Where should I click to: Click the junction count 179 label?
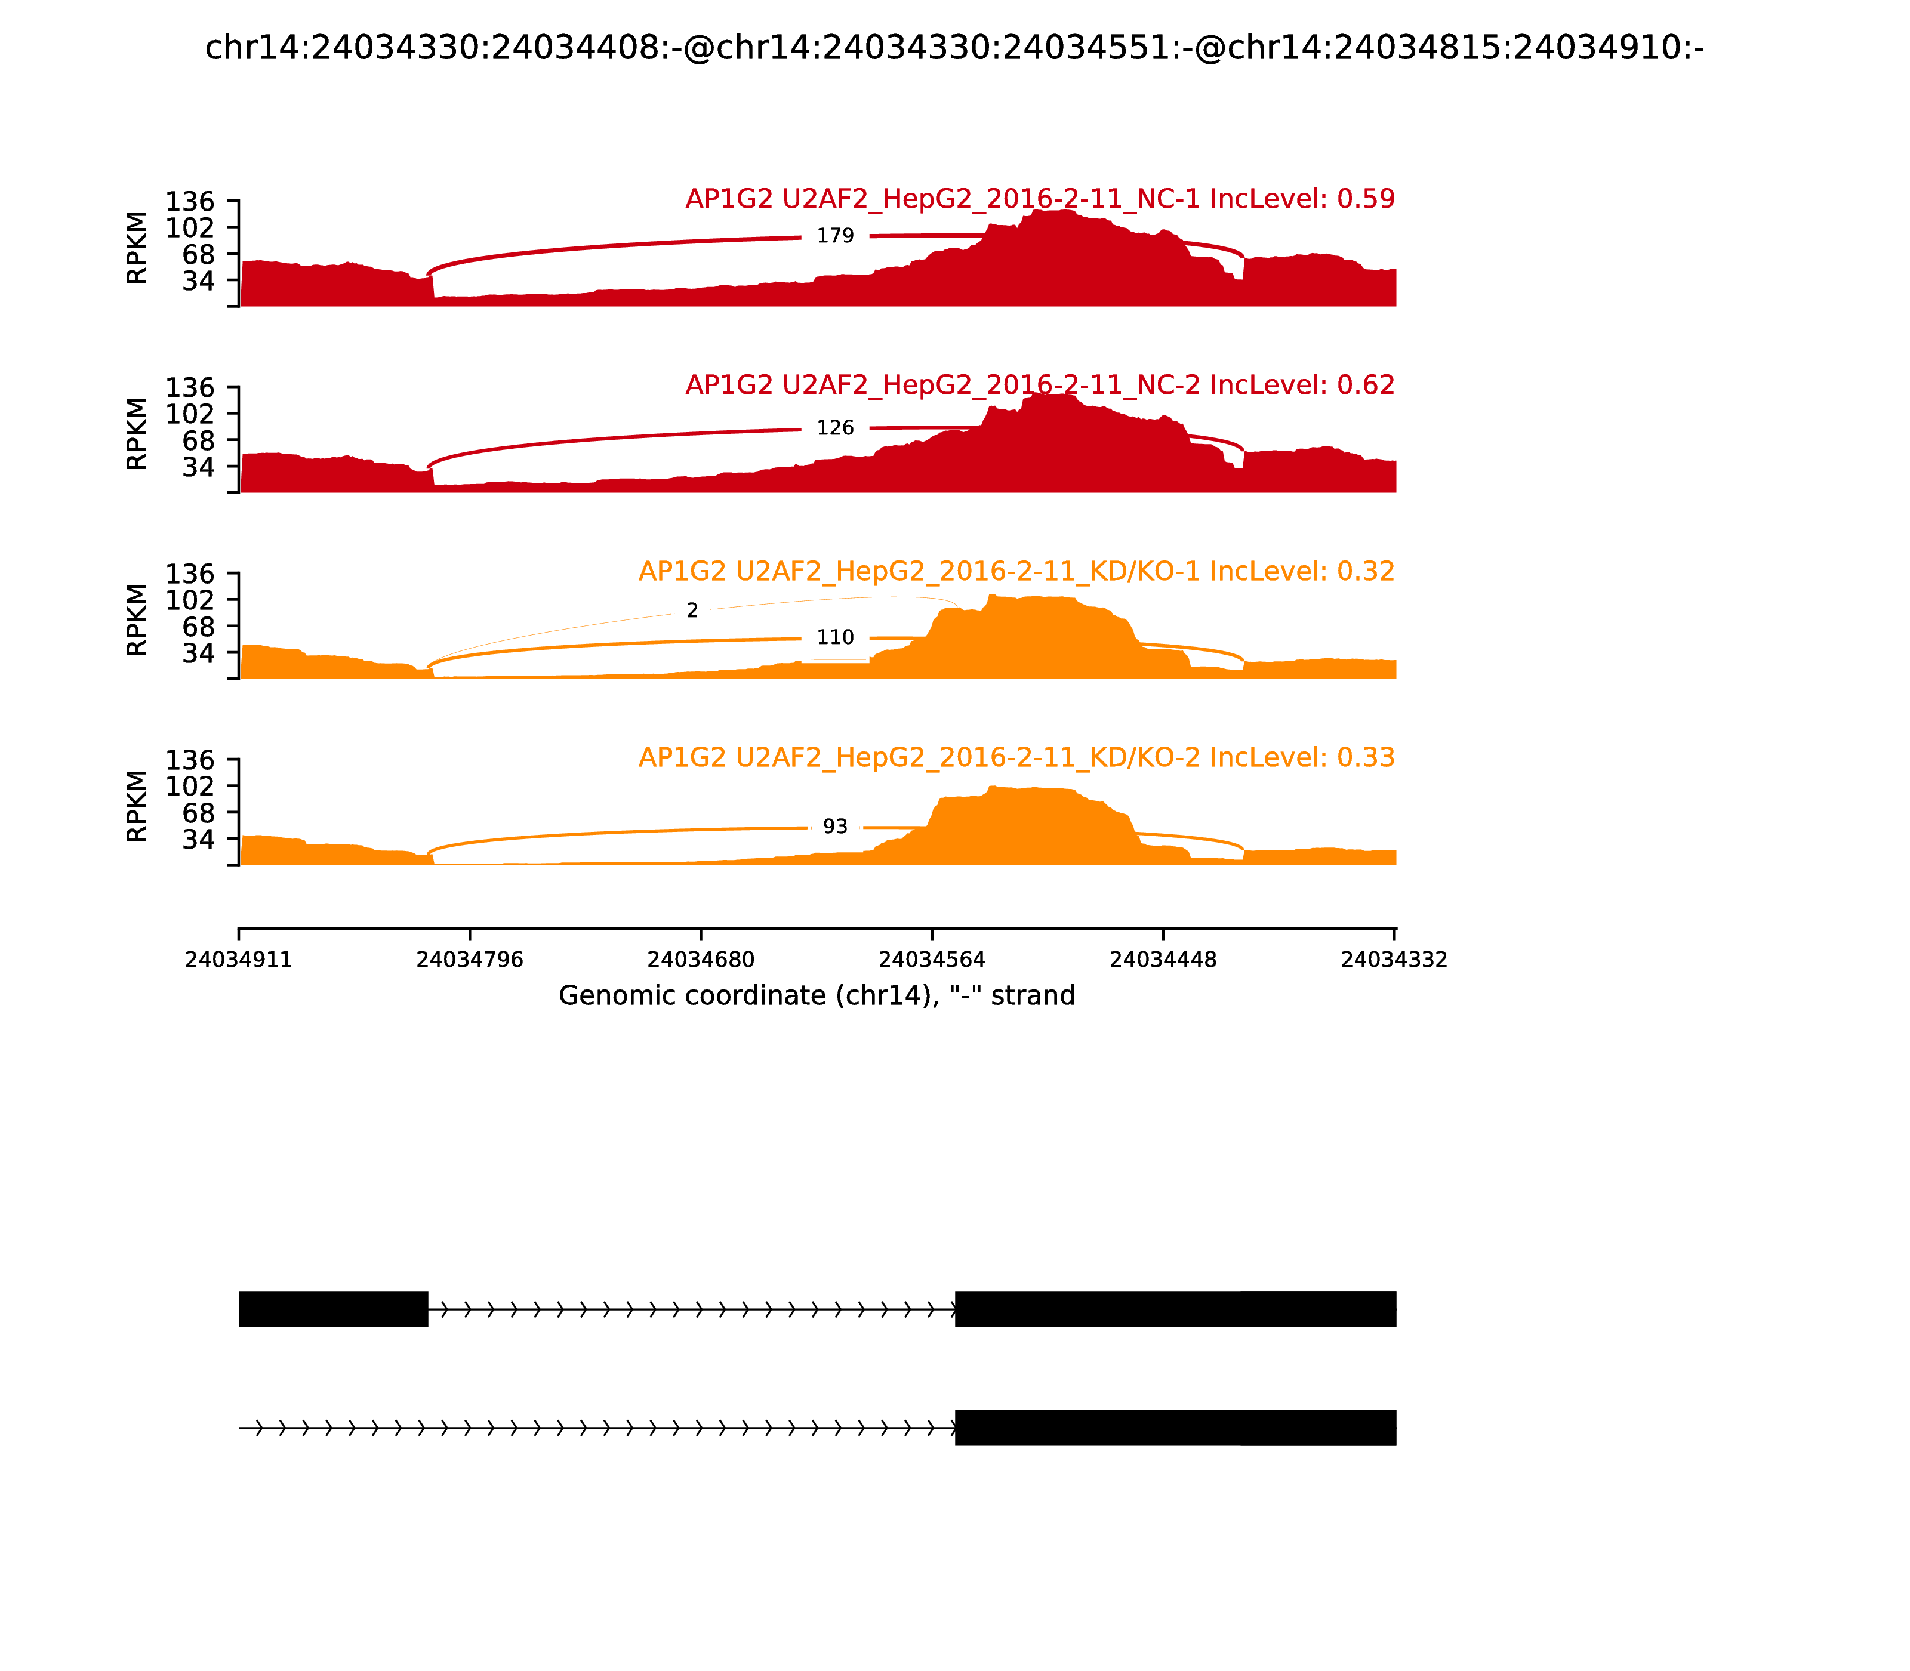[x=834, y=236]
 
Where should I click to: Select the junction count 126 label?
[x=834, y=428]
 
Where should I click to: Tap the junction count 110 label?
[x=834, y=638]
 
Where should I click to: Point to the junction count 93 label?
[x=834, y=827]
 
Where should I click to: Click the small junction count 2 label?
[x=692, y=611]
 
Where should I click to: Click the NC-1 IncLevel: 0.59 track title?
[x=1040, y=199]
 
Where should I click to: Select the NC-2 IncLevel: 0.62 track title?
[x=1040, y=385]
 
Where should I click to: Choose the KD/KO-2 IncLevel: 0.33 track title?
[x=1016, y=757]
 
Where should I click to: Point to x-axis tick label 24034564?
[x=932, y=960]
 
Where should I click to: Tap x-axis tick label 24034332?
[x=1393, y=960]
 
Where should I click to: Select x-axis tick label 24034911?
[x=239, y=960]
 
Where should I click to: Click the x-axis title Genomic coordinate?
[x=817, y=996]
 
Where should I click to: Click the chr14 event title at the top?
[x=954, y=48]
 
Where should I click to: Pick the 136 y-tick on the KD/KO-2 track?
[x=190, y=760]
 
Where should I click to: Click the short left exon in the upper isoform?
[x=333, y=1309]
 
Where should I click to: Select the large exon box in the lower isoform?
[x=1175, y=1428]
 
